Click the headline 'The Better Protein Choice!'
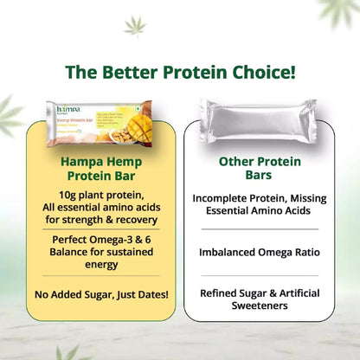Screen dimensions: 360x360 180,68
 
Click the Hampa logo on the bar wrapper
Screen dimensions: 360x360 64,110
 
